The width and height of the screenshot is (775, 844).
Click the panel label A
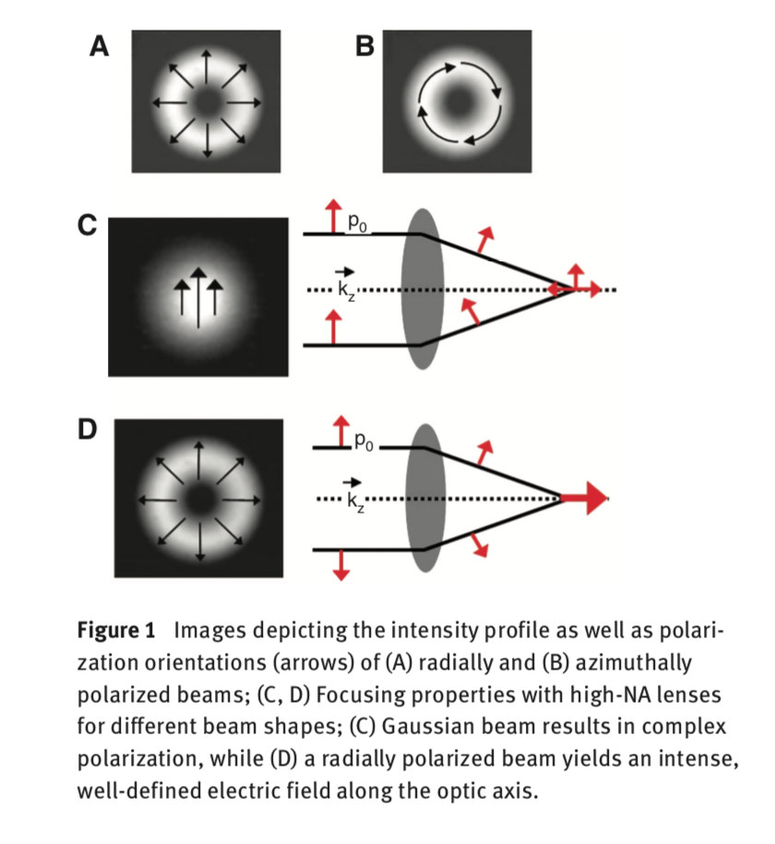coord(99,46)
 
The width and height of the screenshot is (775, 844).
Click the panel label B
coord(366,46)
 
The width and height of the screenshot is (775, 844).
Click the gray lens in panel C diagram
coord(423,288)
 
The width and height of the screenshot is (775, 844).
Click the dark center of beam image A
coord(206,101)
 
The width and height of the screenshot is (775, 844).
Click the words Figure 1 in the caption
coord(115,632)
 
